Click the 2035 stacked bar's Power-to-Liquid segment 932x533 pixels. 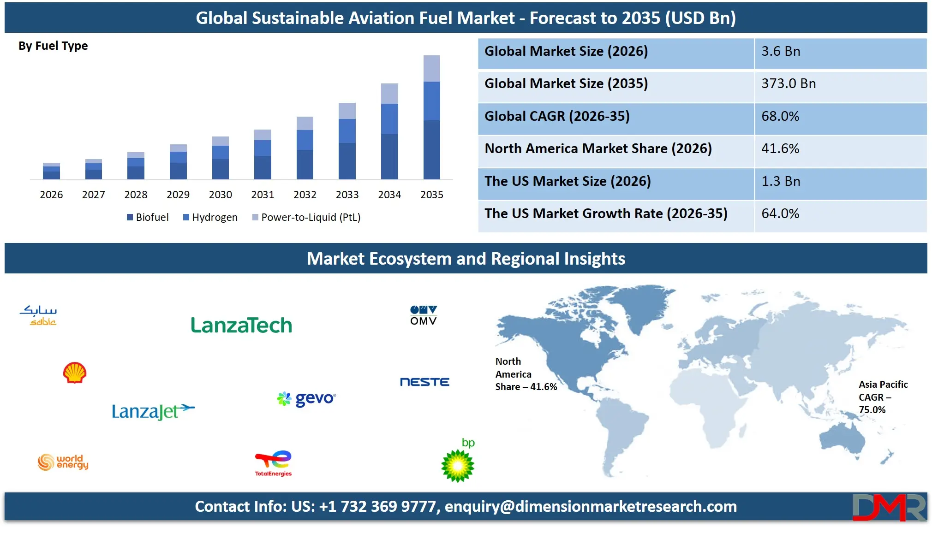[x=431, y=68]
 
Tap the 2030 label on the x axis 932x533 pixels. [x=220, y=195]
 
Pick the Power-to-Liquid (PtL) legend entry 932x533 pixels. [x=306, y=217]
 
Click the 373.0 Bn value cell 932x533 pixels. [x=789, y=83]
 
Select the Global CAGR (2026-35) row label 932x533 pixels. [x=557, y=116]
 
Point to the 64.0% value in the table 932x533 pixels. [x=780, y=213]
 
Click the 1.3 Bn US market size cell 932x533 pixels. [x=781, y=181]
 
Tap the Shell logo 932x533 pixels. [x=75, y=373]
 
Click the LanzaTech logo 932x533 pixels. [x=241, y=325]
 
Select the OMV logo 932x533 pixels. [x=423, y=315]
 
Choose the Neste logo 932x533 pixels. [x=424, y=382]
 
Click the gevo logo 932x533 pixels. [x=306, y=398]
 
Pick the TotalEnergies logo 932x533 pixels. [x=274, y=463]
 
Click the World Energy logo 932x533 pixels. [x=63, y=462]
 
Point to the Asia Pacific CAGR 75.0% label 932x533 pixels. [x=882, y=397]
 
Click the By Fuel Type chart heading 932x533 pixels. [x=53, y=46]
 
